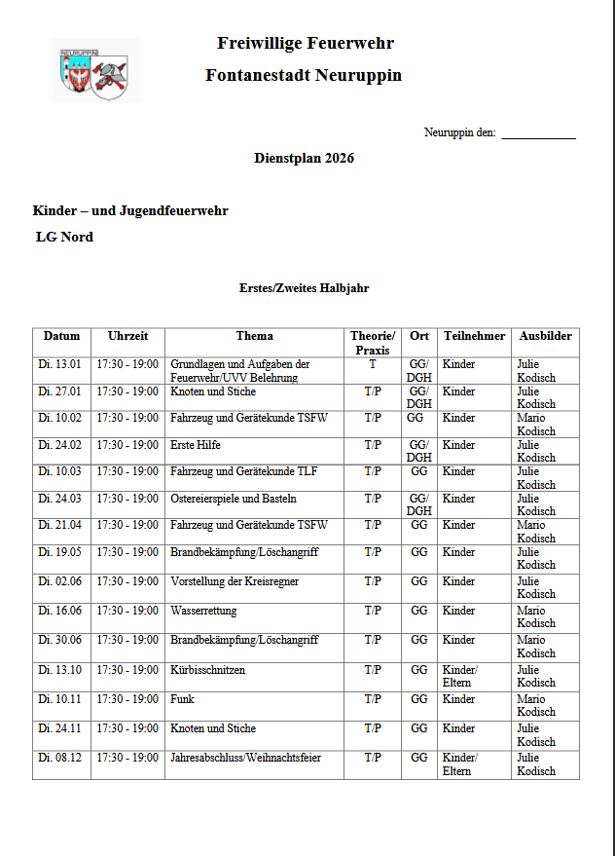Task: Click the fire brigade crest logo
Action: coord(95,72)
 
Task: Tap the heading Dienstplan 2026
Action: coord(304,158)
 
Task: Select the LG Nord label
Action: coord(64,237)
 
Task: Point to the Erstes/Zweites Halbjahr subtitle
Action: coord(304,288)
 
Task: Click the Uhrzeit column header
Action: coord(127,336)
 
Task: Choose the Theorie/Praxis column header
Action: coord(372,343)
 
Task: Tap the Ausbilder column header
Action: coord(545,336)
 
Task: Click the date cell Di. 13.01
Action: coord(59,365)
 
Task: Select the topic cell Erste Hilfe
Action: coord(196,445)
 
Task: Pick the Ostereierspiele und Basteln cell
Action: coord(234,499)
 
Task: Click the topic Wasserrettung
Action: coord(203,612)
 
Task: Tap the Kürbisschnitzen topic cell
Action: coord(207,671)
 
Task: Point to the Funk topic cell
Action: coord(182,699)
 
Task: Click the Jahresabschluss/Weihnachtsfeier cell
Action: coord(245,758)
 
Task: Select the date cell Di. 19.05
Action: coord(59,552)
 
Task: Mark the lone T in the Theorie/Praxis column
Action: coord(372,365)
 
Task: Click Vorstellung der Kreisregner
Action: coord(235,581)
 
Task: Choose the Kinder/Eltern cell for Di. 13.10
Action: coord(460,676)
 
